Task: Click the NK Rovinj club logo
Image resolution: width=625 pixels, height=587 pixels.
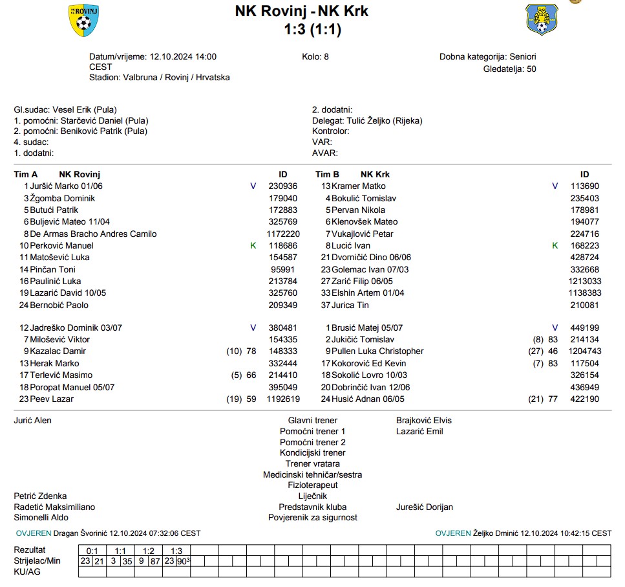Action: coord(84,20)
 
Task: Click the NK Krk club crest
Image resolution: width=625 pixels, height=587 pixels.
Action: coord(542,19)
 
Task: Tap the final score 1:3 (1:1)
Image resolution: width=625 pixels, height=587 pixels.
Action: coord(312,29)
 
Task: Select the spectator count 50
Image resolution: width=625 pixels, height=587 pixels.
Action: coord(531,69)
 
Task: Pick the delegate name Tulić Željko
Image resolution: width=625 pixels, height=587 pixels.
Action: coord(366,120)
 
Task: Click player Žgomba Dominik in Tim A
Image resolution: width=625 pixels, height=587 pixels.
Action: coord(62,198)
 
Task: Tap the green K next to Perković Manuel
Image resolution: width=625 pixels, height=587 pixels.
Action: coord(253,245)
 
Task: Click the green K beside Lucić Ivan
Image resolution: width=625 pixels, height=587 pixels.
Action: coord(555,245)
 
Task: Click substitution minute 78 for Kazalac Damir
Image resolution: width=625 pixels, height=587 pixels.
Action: coord(251,351)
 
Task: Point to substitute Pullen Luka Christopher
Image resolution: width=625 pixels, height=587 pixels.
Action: coord(377,351)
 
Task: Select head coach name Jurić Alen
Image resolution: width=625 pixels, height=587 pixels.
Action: coord(33,420)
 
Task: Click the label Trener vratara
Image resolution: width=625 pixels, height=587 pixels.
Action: coord(312,463)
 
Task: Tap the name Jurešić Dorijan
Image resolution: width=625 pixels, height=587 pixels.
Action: coord(424,507)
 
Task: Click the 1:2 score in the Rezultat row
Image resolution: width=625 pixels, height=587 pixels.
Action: coord(148,550)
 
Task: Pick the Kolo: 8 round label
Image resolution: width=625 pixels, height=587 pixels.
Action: coord(315,56)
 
